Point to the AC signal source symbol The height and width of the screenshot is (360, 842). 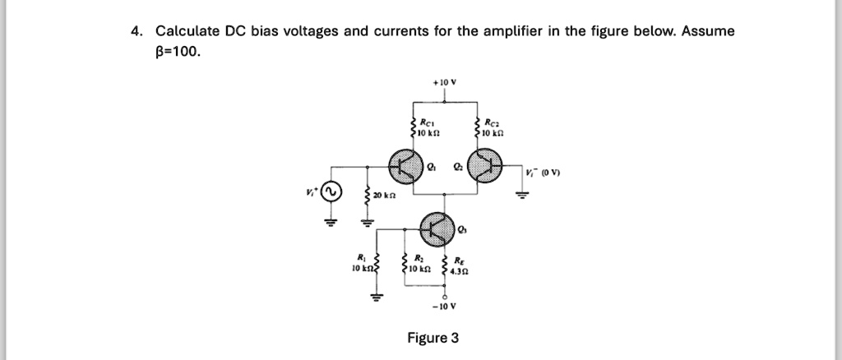tap(331, 193)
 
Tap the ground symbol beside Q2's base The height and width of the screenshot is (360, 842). tap(520, 196)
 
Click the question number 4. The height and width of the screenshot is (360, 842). tap(136, 31)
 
